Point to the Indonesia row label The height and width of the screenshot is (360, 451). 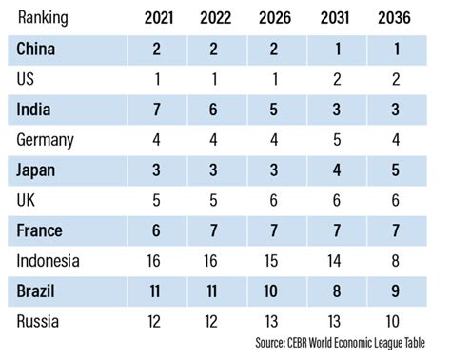(x=49, y=260)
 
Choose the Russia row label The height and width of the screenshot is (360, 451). (x=38, y=321)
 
